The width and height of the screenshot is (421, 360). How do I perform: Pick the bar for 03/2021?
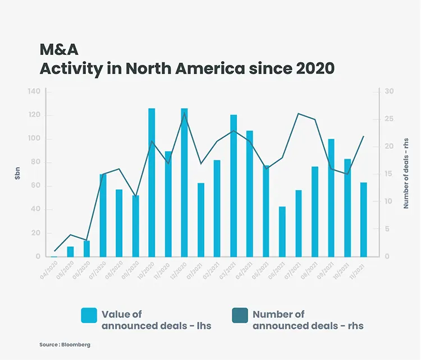click(234, 186)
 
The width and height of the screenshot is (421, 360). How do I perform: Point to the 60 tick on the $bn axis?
click(35, 186)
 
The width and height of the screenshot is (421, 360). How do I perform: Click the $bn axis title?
click(17, 174)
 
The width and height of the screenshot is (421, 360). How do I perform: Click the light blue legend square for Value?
click(89, 315)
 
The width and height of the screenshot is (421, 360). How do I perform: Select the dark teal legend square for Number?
click(240, 315)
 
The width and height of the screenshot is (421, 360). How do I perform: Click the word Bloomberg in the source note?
click(76, 345)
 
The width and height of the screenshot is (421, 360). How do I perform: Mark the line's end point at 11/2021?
click(364, 136)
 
